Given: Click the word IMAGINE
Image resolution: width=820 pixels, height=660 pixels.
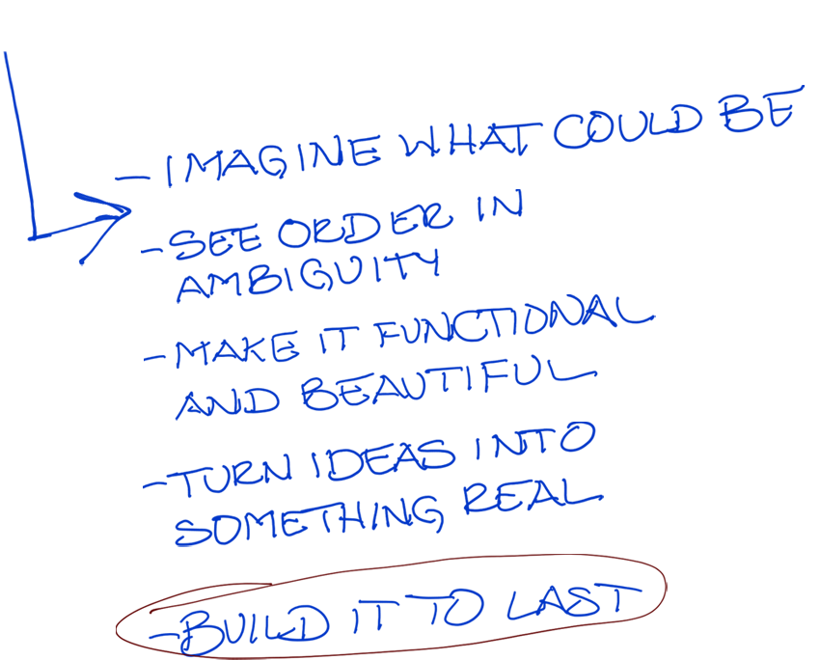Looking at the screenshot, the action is point(273,159).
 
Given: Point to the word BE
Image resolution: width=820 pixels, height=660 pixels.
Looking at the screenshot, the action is point(761,108).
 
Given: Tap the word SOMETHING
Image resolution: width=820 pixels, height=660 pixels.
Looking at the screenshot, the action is point(309,520).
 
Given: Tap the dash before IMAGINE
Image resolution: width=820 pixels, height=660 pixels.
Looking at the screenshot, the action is point(132,179).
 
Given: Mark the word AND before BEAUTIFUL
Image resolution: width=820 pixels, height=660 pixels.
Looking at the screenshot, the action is point(227,403).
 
